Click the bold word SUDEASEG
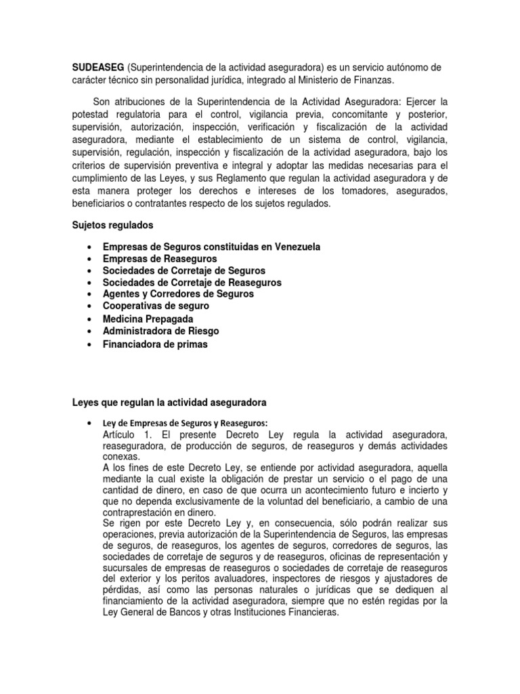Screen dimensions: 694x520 [97, 68]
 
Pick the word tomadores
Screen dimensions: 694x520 [368, 192]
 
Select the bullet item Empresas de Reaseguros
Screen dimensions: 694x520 [160, 259]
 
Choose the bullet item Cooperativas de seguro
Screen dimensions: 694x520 [156, 306]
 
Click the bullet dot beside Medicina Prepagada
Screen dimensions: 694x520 [90, 319]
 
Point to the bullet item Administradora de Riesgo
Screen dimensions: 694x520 [160, 331]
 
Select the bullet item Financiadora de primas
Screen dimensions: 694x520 [155, 344]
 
